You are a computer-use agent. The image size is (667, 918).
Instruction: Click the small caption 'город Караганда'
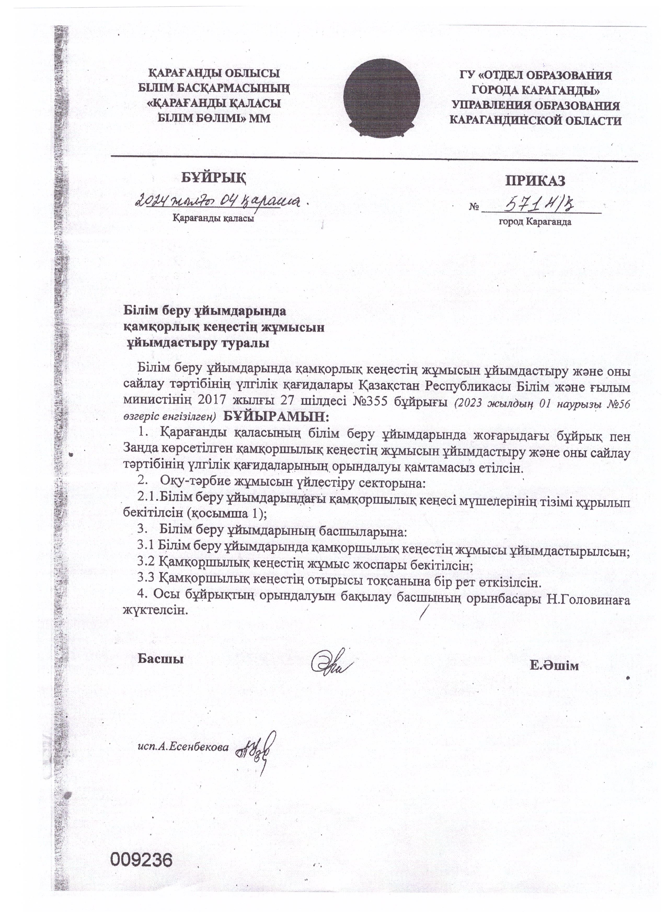pos(535,222)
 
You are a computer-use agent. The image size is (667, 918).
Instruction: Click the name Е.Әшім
pos(554,666)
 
